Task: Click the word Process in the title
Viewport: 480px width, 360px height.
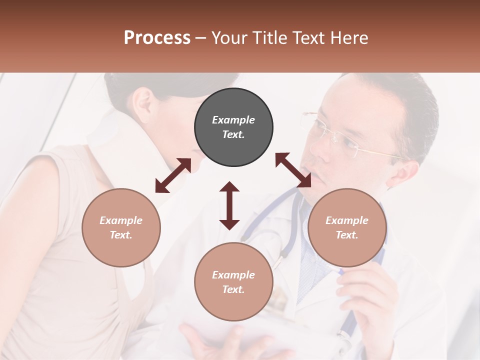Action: point(157,37)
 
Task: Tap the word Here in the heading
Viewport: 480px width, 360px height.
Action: point(349,37)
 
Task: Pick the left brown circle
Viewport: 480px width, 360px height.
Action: point(121,227)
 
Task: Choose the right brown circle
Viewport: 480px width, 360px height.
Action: point(347,227)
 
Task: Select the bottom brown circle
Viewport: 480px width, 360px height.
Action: point(233,281)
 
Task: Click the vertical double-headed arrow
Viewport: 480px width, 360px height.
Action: point(229,205)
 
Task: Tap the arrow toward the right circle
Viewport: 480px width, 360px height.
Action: point(293,170)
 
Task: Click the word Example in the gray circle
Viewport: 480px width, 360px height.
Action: point(233,120)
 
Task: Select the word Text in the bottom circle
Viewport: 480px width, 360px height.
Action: point(233,289)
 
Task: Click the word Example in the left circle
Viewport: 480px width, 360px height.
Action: point(121,220)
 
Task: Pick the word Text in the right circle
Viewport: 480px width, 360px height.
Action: point(347,235)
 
